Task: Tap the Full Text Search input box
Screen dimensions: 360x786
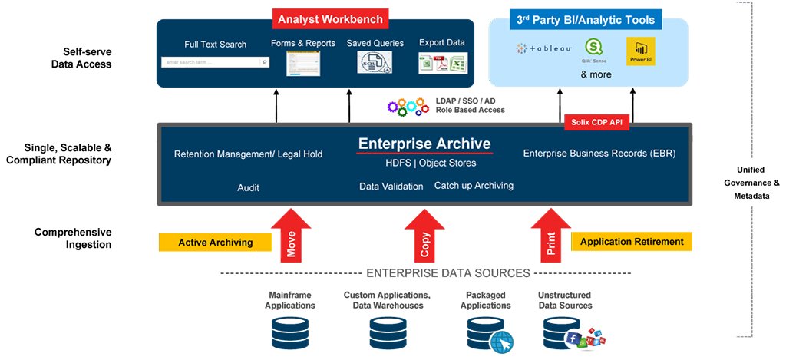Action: tap(215, 62)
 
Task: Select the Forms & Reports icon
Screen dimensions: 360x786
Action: tap(302, 63)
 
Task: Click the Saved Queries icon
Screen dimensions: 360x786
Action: tap(375, 62)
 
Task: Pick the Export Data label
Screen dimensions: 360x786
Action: tap(441, 43)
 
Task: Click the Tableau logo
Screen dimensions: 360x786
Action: tap(543, 49)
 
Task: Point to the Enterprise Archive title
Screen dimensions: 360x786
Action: tap(424, 144)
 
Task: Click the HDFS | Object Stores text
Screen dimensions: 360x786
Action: tap(430, 163)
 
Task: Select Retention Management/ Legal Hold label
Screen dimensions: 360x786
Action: tap(248, 154)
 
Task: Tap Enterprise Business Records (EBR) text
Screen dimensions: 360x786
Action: tap(599, 154)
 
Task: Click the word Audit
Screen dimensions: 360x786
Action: tap(248, 187)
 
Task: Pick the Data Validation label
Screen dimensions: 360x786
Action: tap(391, 187)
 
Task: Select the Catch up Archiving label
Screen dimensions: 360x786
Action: tap(474, 186)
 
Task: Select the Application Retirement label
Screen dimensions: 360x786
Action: tap(632, 242)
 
